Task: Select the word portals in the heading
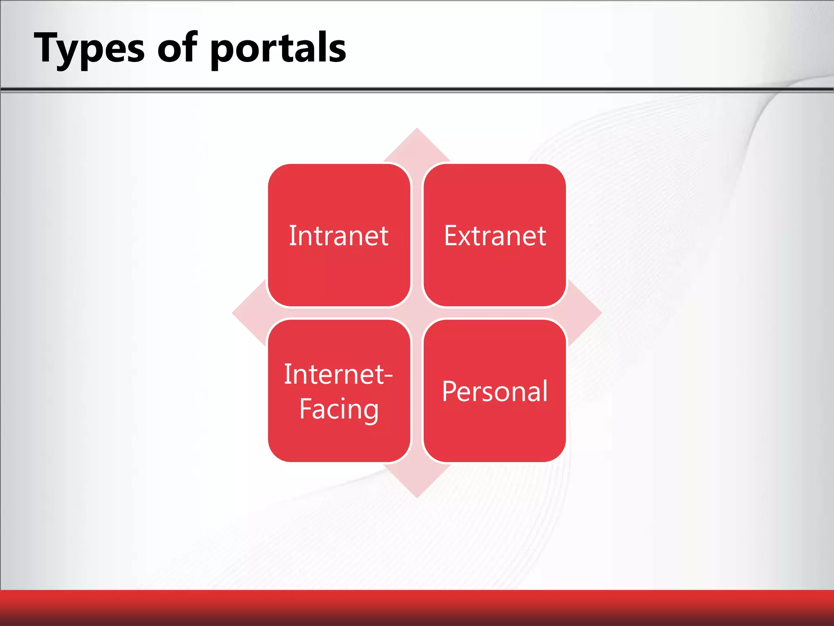[x=278, y=49]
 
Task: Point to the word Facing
[x=338, y=409]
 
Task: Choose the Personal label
[x=494, y=391]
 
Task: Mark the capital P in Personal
[x=450, y=391]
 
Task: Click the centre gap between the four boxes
[x=417, y=313]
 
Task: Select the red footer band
[x=417, y=607]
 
